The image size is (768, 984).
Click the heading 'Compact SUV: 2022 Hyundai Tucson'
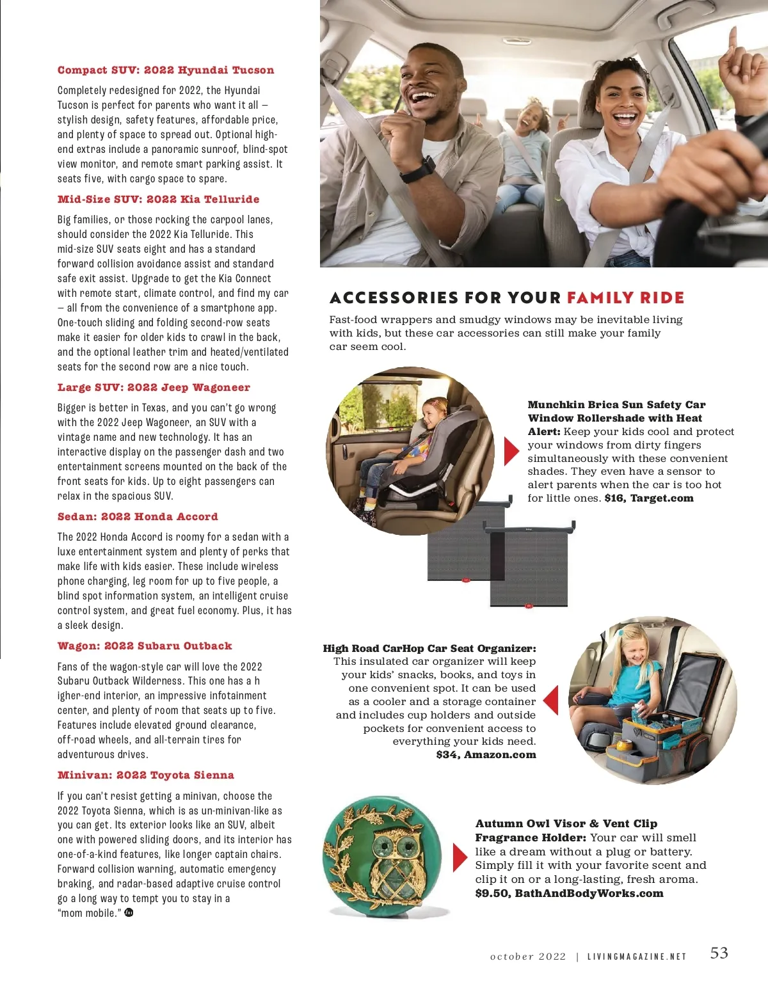click(166, 70)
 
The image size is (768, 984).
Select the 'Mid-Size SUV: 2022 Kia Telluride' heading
click(159, 199)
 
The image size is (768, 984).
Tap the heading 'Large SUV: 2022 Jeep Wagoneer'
click(154, 388)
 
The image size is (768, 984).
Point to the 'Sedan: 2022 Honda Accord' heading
click(138, 517)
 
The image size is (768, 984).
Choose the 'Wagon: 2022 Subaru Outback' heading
click(145, 646)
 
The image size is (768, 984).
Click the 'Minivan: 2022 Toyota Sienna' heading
click(146, 775)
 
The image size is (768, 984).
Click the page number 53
click(719, 953)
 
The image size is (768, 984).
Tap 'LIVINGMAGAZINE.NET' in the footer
click(637, 957)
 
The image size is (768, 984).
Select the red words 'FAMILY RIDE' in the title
click(625, 298)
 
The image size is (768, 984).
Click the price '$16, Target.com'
click(649, 498)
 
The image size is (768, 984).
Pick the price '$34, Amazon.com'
click(486, 754)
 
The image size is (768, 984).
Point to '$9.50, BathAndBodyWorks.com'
click(569, 893)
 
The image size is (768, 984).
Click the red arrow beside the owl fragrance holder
click(460, 857)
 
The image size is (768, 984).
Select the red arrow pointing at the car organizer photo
click(550, 700)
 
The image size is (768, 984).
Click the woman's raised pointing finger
click(732, 36)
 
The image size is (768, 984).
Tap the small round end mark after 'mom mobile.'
click(129, 912)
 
